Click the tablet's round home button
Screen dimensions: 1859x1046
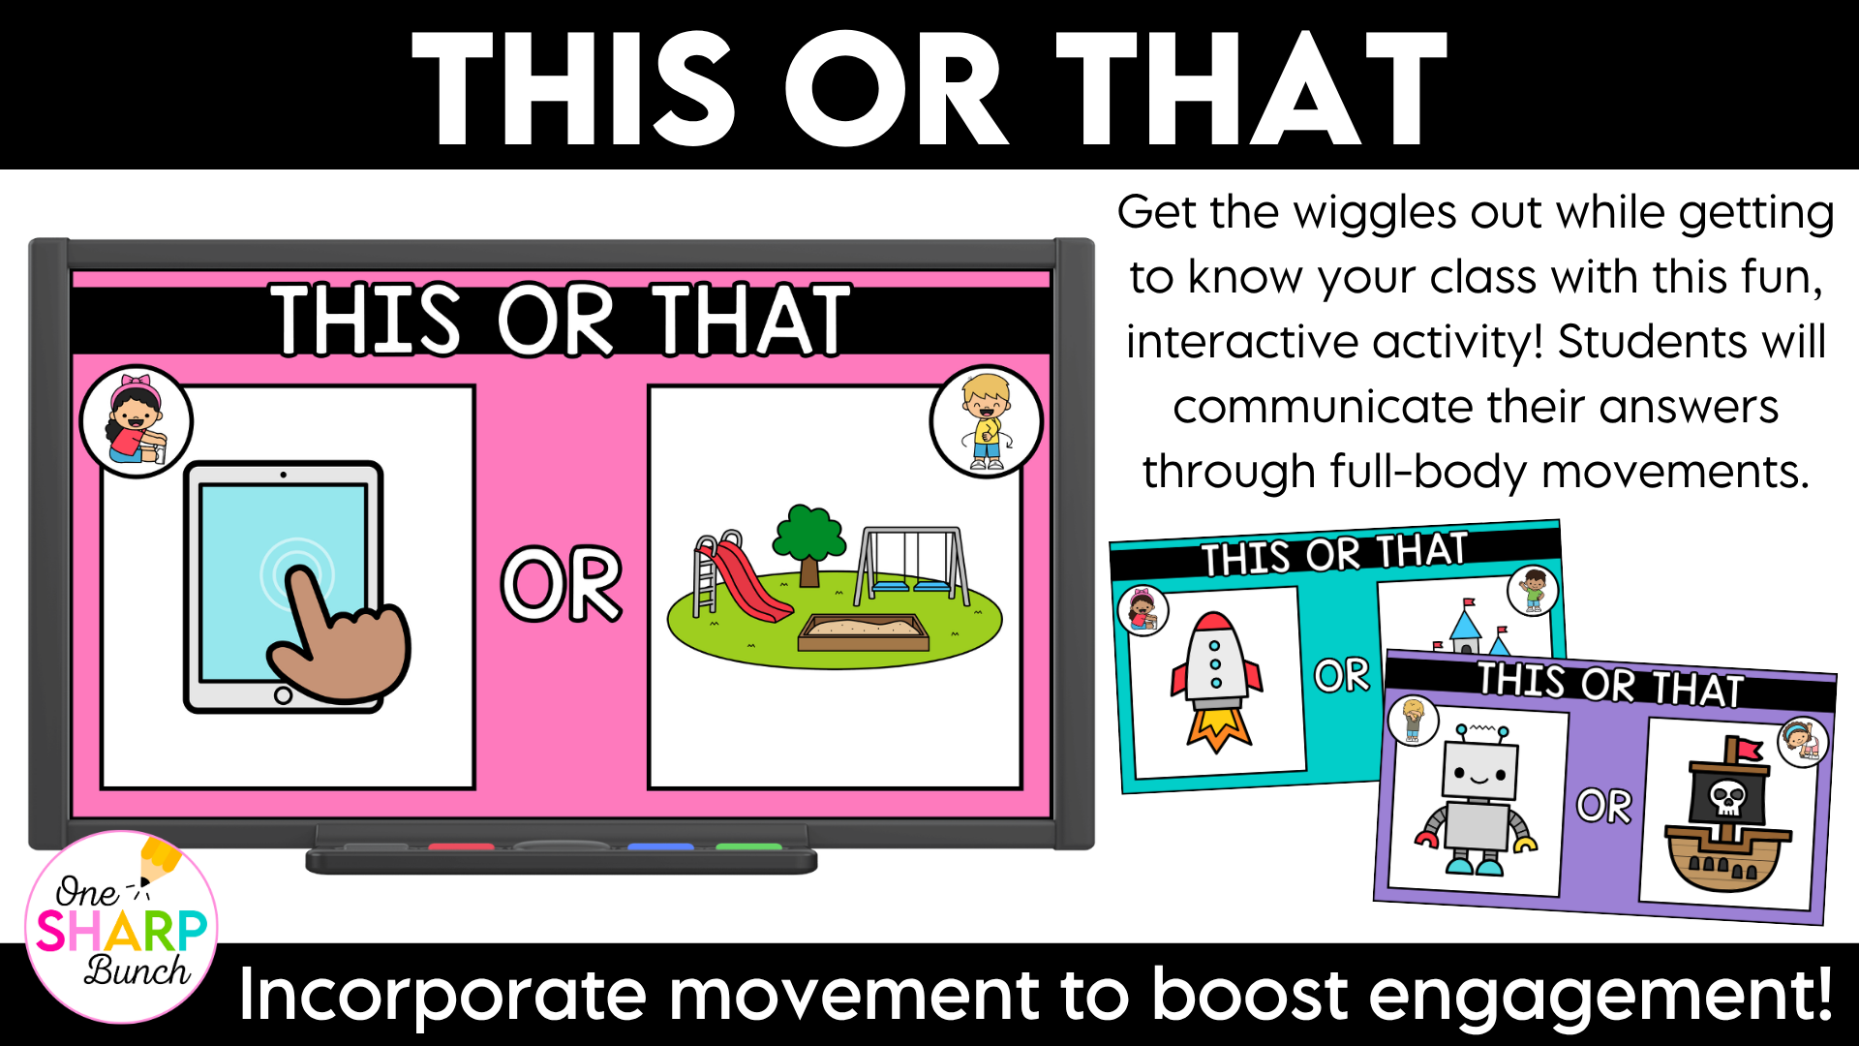283,694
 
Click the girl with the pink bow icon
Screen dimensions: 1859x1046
137,421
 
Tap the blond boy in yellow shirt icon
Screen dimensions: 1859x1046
987,422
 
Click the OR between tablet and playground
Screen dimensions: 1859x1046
562,583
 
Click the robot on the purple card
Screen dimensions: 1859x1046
1476,800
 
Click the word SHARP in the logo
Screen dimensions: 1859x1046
122,931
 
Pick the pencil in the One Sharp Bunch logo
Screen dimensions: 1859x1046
158,860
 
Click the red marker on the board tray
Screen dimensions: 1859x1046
461,847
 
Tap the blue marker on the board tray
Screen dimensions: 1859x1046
660,847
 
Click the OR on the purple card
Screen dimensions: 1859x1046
1604,806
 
